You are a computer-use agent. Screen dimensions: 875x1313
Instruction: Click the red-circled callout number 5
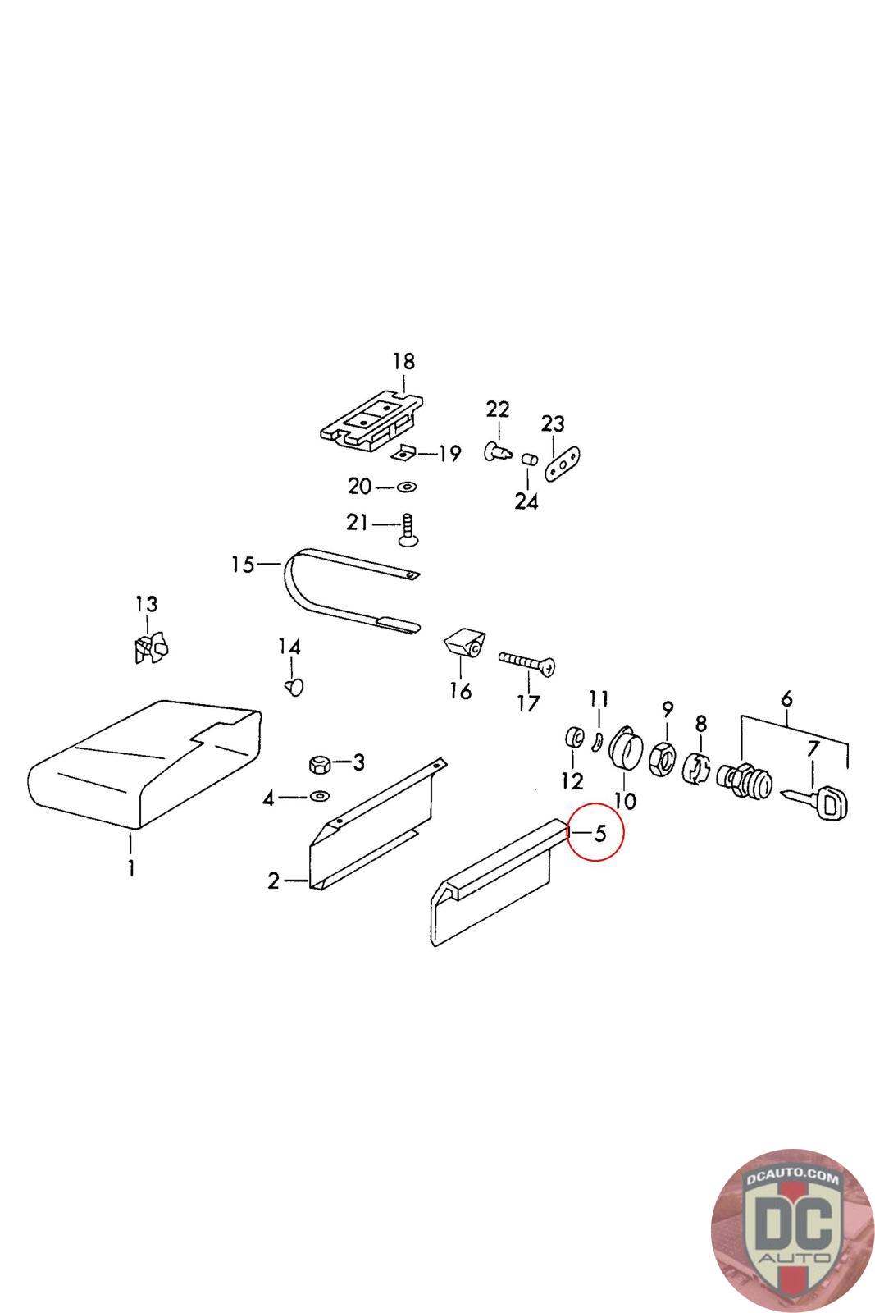[x=599, y=834]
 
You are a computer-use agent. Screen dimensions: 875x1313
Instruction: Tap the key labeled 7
[x=820, y=799]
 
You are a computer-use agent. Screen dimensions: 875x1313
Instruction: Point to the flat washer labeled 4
[x=318, y=795]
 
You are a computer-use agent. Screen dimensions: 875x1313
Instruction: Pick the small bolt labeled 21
[x=408, y=528]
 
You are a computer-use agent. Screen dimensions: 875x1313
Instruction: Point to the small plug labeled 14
[x=294, y=685]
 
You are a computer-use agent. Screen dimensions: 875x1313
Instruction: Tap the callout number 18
[x=403, y=361]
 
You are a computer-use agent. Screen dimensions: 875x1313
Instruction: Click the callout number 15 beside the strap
[x=244, y=565]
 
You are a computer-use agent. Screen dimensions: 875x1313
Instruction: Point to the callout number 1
[x=131, y=867]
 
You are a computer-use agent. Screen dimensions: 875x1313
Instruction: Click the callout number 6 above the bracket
[x=786, y=699]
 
